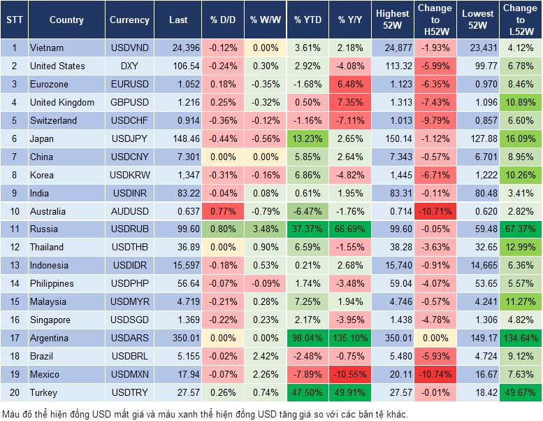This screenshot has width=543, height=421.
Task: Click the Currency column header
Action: [129, 20]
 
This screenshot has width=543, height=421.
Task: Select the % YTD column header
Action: [307, 20]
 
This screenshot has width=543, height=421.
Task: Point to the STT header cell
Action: [13, 20]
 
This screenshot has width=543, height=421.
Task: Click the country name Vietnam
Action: [47, 48]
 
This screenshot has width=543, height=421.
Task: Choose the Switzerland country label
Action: [53, 120]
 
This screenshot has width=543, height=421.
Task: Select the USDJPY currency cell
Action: [129, 138]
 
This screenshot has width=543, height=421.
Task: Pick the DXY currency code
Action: [129, 66]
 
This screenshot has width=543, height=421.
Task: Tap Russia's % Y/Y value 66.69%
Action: [351, 229]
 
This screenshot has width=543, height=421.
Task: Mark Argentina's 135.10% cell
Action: [351, 338]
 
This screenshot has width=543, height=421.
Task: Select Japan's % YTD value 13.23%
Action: [307, 138]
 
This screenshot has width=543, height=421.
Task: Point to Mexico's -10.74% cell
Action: [434, 374]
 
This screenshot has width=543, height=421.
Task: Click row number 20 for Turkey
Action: [13, 392]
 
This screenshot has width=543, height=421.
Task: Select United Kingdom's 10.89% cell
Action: [520, 102]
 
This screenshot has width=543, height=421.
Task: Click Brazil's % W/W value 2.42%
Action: [265, 356]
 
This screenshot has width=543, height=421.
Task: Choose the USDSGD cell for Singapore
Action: [129, 320]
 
